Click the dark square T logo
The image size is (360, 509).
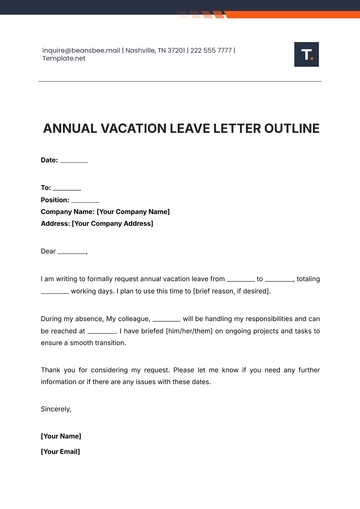click(x=306, y=55)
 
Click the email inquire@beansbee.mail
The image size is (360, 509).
click(x=81, y=50)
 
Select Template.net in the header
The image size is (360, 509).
click(x=63, y=58)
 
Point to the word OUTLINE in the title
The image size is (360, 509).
click(x=286, y=128)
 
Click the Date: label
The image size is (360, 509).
click(x=49, y=160)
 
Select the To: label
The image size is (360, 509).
click(x=45, y=187)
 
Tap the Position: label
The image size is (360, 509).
click(x=55, y=199)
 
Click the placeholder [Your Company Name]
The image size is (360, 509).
click(x=132, y=211)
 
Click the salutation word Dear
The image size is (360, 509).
click(x=48, y=251)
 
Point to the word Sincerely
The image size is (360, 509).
click(x=56, y=408)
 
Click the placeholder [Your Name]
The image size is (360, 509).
click(x=60, y=436)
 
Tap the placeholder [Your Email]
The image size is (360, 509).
click(x=60, y=451)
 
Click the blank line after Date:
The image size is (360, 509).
click(x=74, y=161)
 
